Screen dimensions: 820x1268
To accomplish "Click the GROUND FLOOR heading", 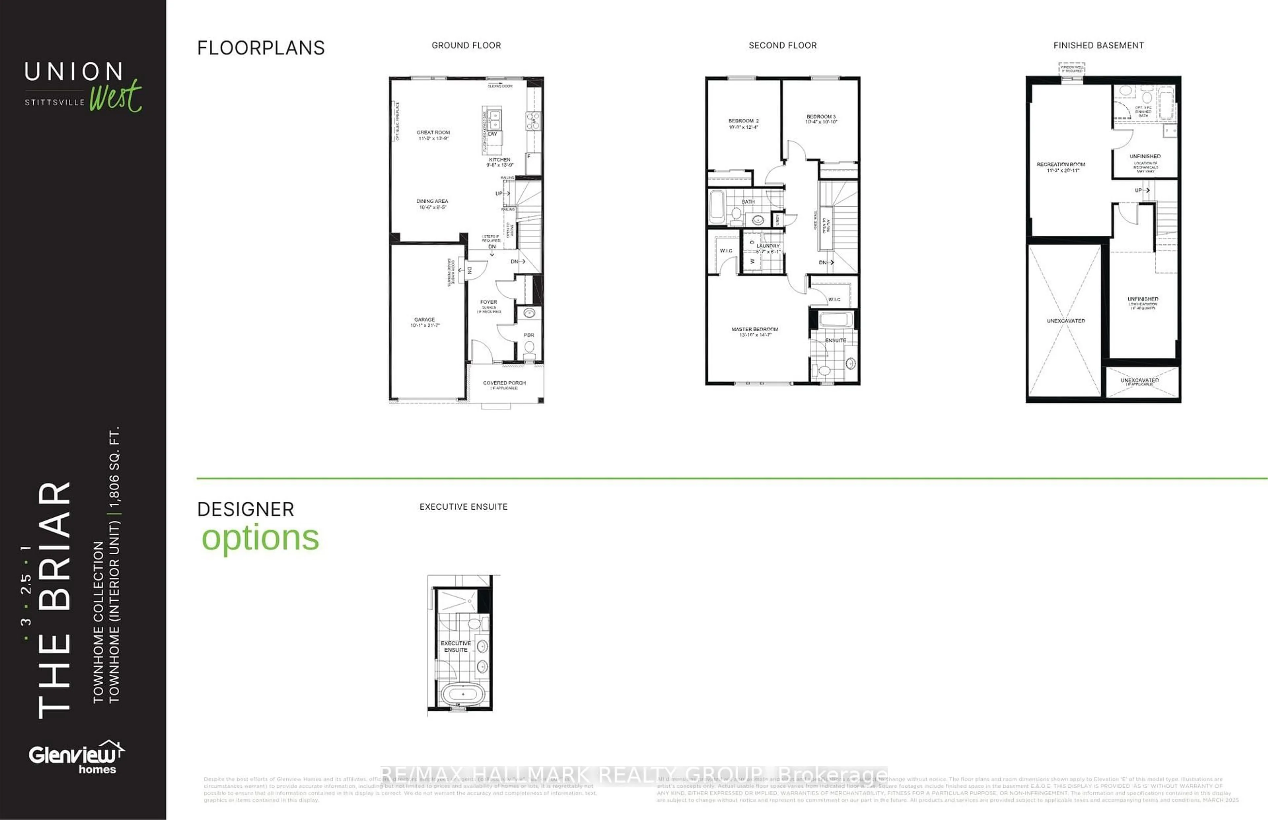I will point(466,45).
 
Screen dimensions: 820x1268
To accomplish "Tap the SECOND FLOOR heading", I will point(782,45).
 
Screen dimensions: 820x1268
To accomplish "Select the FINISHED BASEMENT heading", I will point(1098,45).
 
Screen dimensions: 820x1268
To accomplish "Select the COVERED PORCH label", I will point(504,383).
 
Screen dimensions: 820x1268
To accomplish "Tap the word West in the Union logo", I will point(116,96).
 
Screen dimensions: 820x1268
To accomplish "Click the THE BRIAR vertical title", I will point(54,599).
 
